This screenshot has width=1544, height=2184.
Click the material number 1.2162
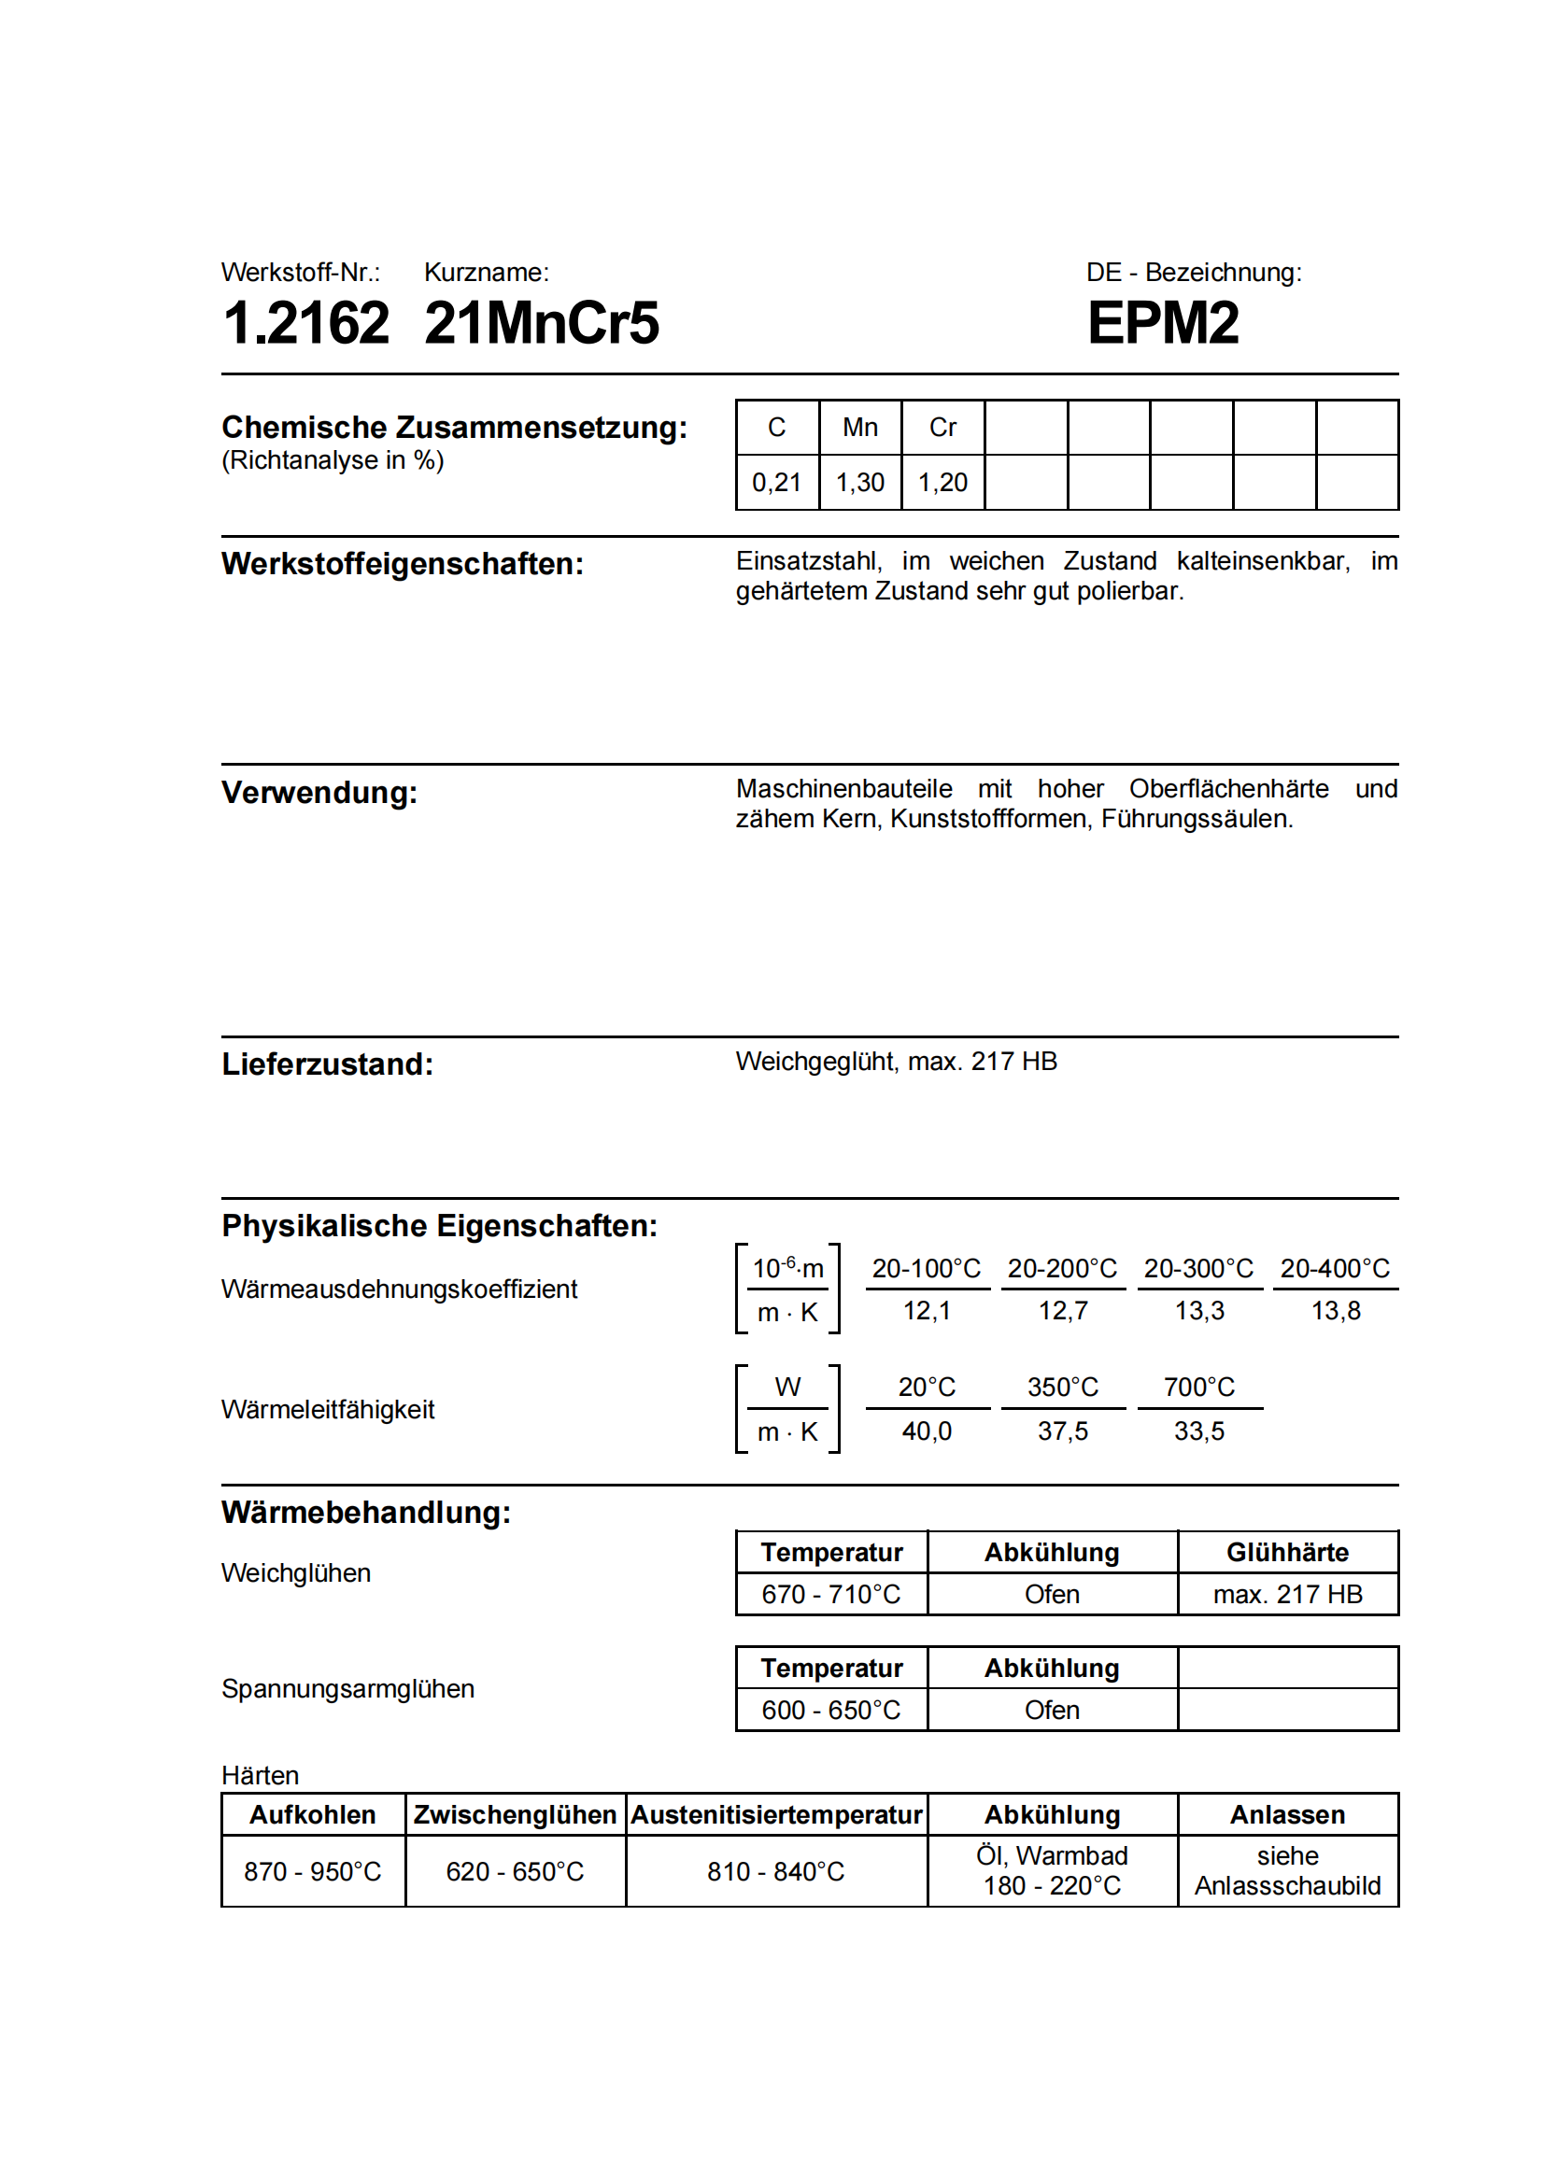click(x=305, y=322)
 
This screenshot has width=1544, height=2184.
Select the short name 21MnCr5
click(x=542, y=322)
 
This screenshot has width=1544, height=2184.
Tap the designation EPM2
click(x=1163, y=322)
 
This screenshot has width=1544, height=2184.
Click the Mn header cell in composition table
click(x=860, y=427)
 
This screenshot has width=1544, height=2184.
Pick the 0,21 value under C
click(x=776, y=482)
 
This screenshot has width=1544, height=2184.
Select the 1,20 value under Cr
click(x=942, y=482)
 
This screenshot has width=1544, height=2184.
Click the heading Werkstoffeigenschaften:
click(x=403, y=564)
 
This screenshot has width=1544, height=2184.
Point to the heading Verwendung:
click(x=319, y=793)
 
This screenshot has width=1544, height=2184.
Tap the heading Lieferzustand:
click(x=327, y=1064)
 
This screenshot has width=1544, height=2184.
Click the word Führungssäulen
click(x=1196, y=819)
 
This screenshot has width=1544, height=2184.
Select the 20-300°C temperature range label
click(x=1198, y=1268)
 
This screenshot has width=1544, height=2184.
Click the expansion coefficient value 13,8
click(x=1336, y=1311)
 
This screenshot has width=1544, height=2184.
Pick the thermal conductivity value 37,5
click(x=1063, y=1430)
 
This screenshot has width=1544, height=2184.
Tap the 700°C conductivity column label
click(x=1198, y=1387)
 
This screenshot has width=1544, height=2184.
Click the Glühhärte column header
click(x=1287, y=1553)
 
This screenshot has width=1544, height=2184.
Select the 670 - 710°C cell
click(x=830, y=1594)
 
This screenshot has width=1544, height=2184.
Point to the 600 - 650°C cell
click(x=830, y=1711)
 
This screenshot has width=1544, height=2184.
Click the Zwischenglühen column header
click(x=515, y=1815)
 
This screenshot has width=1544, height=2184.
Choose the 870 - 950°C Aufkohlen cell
click(x=312, y=1872)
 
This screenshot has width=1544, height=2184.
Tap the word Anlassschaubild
click(x=1287, y=1886)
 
